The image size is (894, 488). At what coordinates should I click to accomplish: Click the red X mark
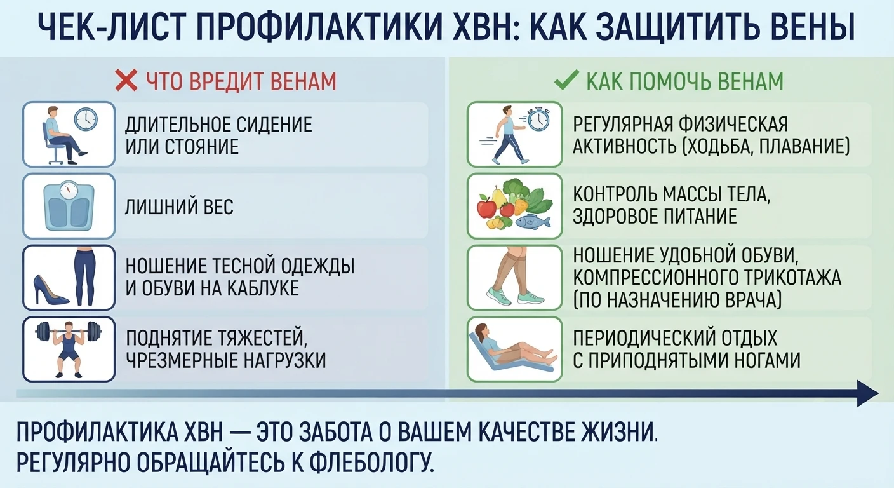126,80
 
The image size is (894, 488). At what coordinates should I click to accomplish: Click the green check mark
567,80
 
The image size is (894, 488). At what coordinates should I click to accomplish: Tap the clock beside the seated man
86,119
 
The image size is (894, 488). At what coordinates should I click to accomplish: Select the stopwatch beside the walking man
538,119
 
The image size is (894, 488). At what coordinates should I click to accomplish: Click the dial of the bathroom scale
69,190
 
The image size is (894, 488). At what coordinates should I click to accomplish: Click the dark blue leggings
85,276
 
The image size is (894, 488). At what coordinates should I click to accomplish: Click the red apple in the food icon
487,206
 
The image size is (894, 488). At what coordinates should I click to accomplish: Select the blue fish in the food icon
533,221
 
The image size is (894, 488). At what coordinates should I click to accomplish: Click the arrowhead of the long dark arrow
868,393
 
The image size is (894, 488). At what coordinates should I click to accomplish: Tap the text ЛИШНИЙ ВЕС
179,207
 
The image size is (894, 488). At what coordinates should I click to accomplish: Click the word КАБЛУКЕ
263,288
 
